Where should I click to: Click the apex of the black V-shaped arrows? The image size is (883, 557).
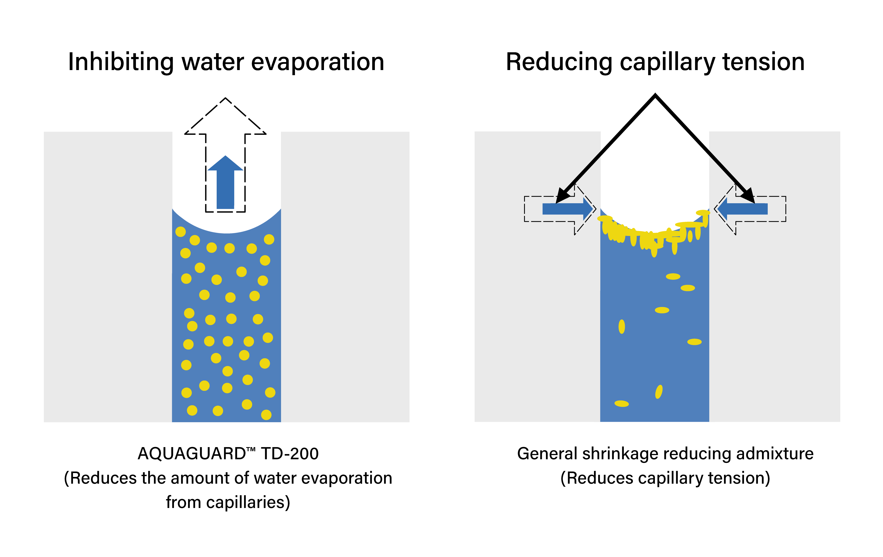coord(655,96)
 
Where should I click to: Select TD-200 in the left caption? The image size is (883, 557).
coord(290,454)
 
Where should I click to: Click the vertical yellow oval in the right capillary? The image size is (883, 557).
coord(622,327)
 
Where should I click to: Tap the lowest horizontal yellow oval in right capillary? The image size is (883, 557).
coord(622,403)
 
